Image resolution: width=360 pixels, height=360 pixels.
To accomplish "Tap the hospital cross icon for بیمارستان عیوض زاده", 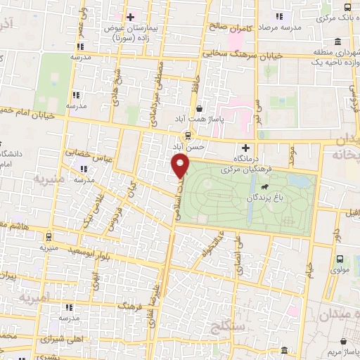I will [130, 16].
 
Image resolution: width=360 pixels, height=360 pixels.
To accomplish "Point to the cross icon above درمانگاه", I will [245, 148].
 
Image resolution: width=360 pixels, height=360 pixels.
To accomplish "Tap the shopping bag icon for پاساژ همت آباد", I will [201, 109].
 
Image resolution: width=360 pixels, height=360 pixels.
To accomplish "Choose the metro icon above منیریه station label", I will [49, 237].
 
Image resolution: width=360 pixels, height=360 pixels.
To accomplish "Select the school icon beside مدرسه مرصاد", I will [279, 15].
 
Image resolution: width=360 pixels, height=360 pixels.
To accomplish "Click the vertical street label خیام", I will [309, 266].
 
